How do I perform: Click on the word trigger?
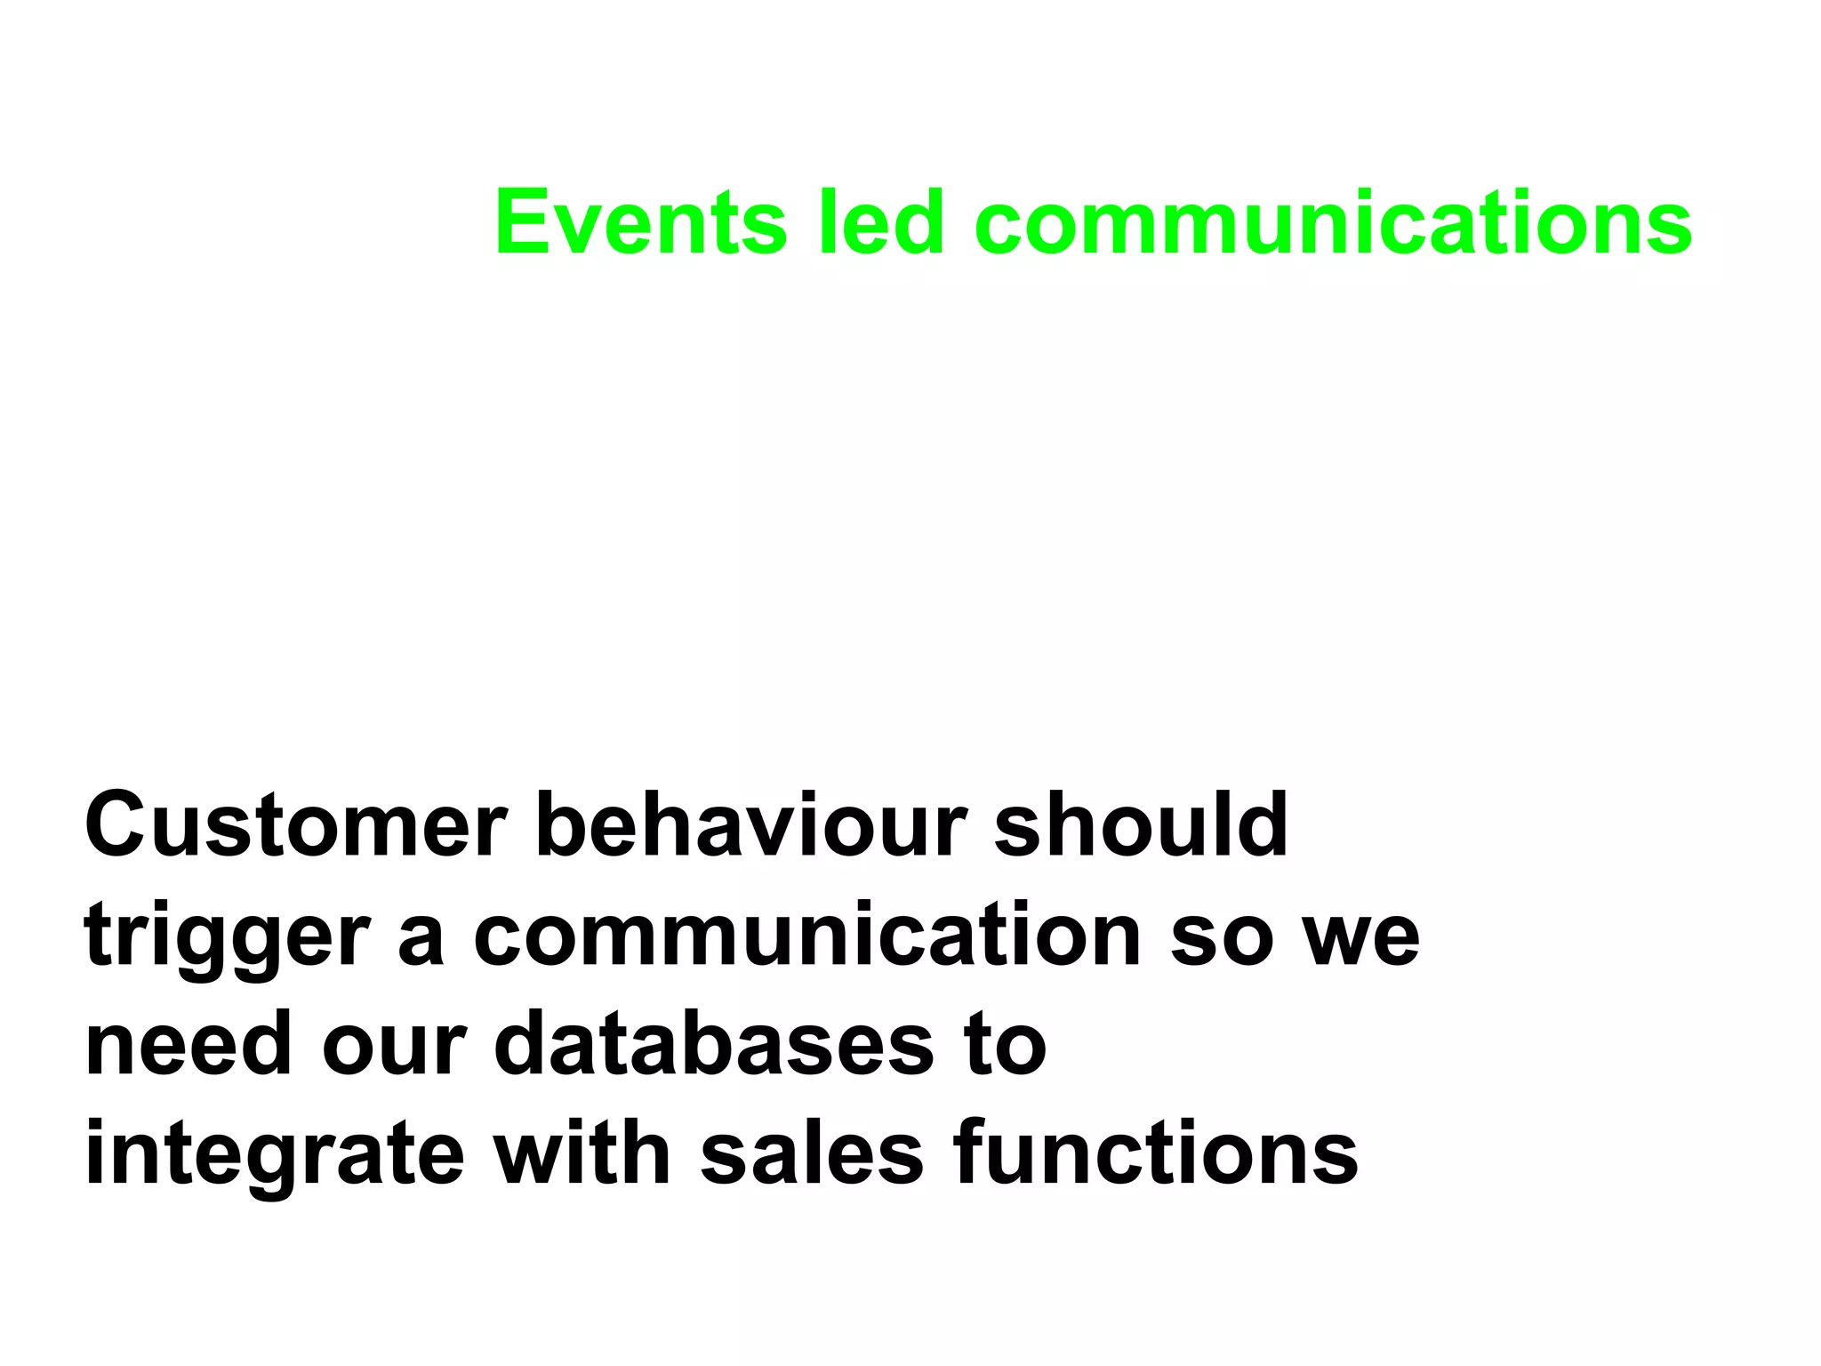tap(227, 938)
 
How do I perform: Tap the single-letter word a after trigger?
tap(420, 938)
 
